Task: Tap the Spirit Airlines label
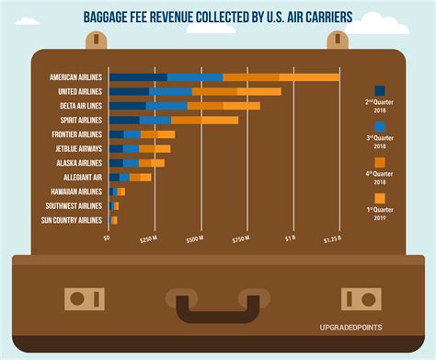(x=77, y=121)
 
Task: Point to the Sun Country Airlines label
(x=72, y=220)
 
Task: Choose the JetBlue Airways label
(x=77, y=148)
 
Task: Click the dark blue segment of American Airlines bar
(x=138, y=77)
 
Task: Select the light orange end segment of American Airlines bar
(x=309, y=77)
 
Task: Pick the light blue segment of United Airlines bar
(x=171, y=92)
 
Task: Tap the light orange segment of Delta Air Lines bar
(x=242, y=106)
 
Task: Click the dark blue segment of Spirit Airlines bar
(x=124, y=121)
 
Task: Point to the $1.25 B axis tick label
(x=332, y=239)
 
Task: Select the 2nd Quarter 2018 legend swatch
(x=380, y=91)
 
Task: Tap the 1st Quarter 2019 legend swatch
(x=380, y=198)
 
